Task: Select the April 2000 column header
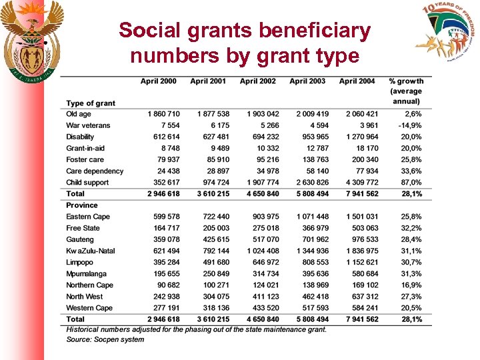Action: coord(159,81)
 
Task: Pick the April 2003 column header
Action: coord(307,81)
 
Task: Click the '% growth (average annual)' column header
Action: coord(405,91)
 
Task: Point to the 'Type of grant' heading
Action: coord(91,103)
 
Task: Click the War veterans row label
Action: coord(88,125)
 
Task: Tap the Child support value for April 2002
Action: coord(263,183)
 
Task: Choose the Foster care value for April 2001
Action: coord(213,160)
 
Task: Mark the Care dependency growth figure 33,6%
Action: coord(410,171)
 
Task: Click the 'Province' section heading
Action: coord(81,205)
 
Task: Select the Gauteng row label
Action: coord(81,239)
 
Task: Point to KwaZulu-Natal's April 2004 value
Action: coord(361,251)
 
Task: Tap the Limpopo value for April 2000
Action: coord(163,263)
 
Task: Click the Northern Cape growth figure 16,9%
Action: coord(410,285)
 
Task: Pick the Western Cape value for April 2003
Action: coord(313,308)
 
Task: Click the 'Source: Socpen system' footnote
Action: coord(105,339)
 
